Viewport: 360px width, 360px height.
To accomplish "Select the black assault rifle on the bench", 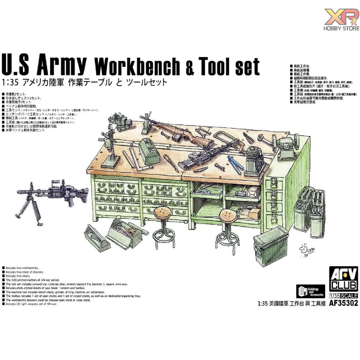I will [204, 157].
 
